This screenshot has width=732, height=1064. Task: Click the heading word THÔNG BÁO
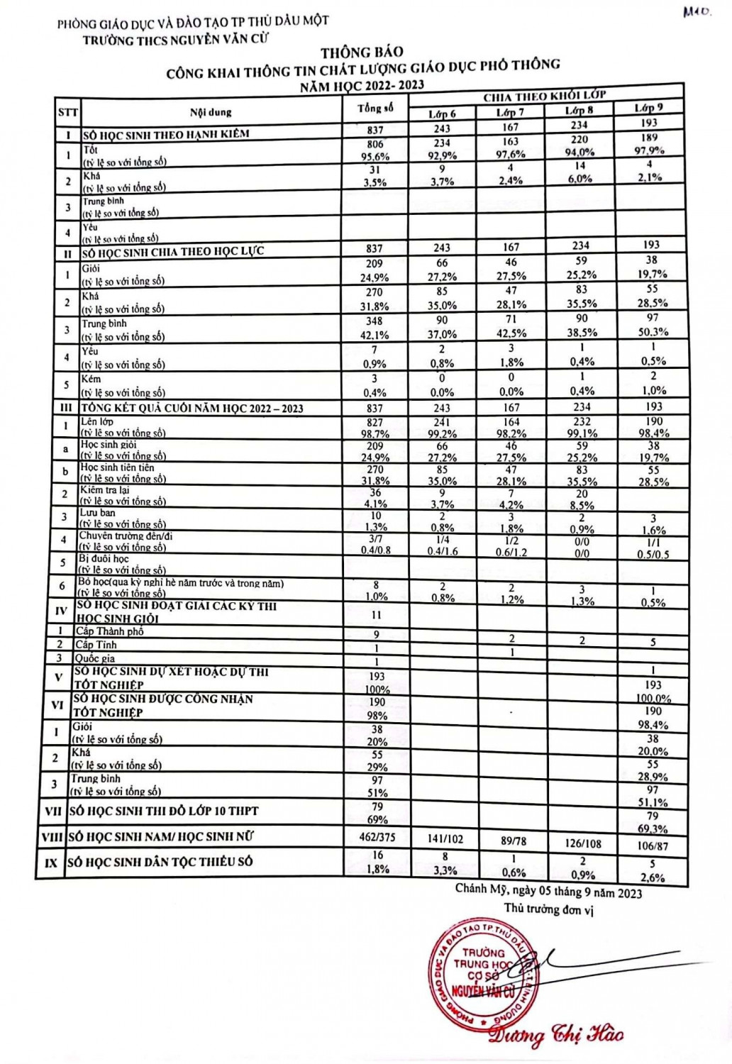pyautogui.click(x=362, y=52)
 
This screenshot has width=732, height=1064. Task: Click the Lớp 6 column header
pyautogui.click(x=442, y=114)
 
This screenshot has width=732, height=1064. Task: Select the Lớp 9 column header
pyautogui.click(x=648, y=108)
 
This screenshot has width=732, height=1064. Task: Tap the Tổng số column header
pyautogui.click(x=375, y=108)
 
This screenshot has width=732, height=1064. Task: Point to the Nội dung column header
pyautogui.click(x=211, y=112)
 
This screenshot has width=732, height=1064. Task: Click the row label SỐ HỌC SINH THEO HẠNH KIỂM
pyautogui.click(x=166, y=134)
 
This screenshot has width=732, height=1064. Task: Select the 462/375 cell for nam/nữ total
pyautogui.click(x=377, y=837)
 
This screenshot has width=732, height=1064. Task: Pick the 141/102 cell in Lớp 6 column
pyautogui.click(x=445, y=839)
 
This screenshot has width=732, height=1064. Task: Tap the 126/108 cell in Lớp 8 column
pyautogui.click(x=583, y=843)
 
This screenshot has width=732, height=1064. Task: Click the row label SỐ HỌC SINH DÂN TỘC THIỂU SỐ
pyautogui.click(x=160, y=862)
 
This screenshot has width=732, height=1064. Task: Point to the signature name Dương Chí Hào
pyautogui.click(x=556, y=1035)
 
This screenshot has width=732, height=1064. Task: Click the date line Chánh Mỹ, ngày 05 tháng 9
pyautogui.click(x=548, y=891)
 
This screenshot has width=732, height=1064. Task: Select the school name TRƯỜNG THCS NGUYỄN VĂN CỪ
pyautogui.click(x=175, y=40)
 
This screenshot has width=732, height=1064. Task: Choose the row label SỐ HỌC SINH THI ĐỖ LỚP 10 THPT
pyautogui.click(x=163, y=811)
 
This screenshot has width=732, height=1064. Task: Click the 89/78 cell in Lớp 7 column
pyautogui.click(x=514, y=841)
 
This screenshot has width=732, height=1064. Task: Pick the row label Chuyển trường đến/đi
pyautogui.click(x=126, y=536)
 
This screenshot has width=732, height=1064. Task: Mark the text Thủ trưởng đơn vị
pyautogui.click(x=548, y=909)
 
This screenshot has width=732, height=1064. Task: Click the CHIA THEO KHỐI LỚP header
pyautogui.click(x=544, y=96)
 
